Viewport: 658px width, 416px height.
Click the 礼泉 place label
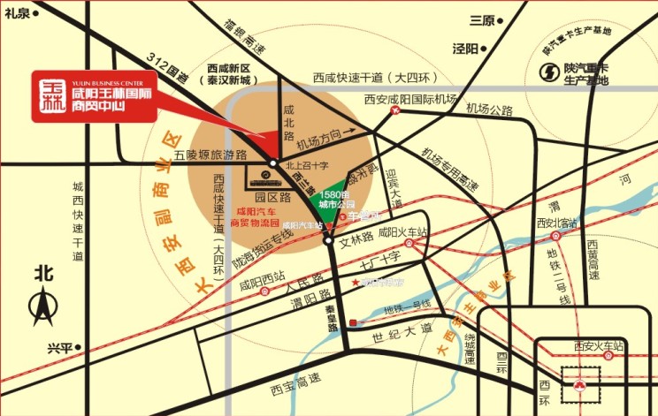coord(17,12)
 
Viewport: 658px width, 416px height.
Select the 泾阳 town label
coord(465,48)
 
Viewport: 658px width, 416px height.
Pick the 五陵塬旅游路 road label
coord(210,155)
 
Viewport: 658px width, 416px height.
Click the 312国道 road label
coord(169,68)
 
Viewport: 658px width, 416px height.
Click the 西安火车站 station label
coord(599,345)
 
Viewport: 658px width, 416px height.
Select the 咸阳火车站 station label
coord(402,233)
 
